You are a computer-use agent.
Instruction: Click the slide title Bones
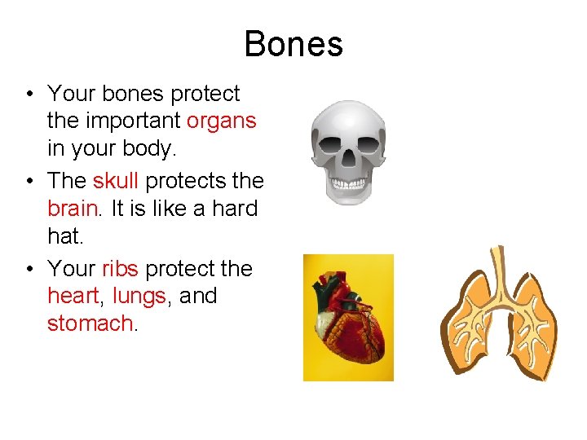pyautogui.click(x=293, y=43)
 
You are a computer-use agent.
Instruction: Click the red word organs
pyautogui.click(x=221, y=121)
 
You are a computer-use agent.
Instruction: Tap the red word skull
pyautogui.click(x=116, y=179)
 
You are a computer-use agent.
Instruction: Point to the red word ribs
pyautogui.click(x=120, y=268)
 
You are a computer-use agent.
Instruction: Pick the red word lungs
pyautogui.click(x=139, y=297)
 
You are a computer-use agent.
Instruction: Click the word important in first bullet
pyautogui.click(x=132, y=121)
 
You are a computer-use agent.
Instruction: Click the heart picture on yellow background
pyautogui.click(x=348, y=318)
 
